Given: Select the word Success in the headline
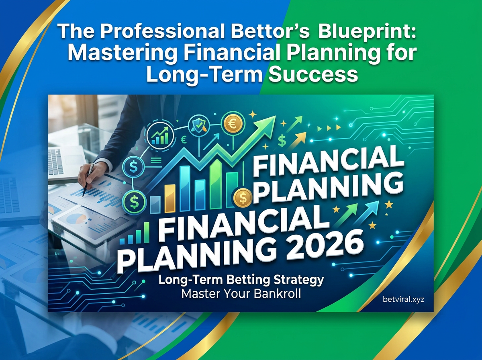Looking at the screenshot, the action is pyautogui.click(x=313, y=74).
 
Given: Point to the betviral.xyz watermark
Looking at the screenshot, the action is pyautogui.click(x=403, y=300).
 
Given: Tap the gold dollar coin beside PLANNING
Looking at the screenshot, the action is pyautogui.click(x=243, y=198).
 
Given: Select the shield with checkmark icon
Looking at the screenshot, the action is pyautogui.click(x=199, y=126).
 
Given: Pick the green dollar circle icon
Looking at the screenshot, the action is pyautogui.click(x=134, y=201).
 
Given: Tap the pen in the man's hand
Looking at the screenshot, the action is pyautogui.click(x=88, y=180).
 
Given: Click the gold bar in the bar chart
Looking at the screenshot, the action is pyautogui.click(x=170, y=199).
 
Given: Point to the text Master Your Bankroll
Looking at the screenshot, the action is pyautogui.click(x=241, y=294).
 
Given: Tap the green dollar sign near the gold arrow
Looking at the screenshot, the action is pyautogui.click(x=282, y=141).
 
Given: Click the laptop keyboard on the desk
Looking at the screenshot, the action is pyautogui.click(x=56, y=161).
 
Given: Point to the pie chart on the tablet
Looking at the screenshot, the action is pyautogui.click(x=76, y=220).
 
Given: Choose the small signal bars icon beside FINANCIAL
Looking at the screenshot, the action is pyautogui.click(x=135, y=234).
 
